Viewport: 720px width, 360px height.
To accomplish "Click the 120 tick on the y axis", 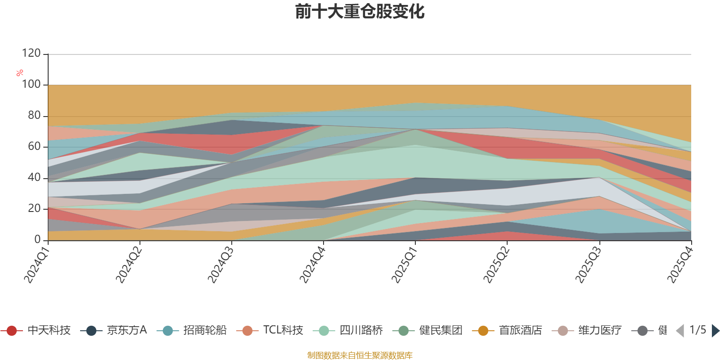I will pyautogui.click(x=31, y=54).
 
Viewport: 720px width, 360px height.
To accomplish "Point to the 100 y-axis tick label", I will pyautogui.click(x=31, y=85).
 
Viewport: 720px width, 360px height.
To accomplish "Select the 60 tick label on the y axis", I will pyautogui.click(x=34, y=147).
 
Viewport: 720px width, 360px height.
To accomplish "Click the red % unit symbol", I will pyautogui.click(x=19, y=73).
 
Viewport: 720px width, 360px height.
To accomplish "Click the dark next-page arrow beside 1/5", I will pyautogui.click(x=715, y=331).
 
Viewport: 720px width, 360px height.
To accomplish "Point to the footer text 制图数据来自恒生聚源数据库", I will pyautogui.click(x=360, y=355).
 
